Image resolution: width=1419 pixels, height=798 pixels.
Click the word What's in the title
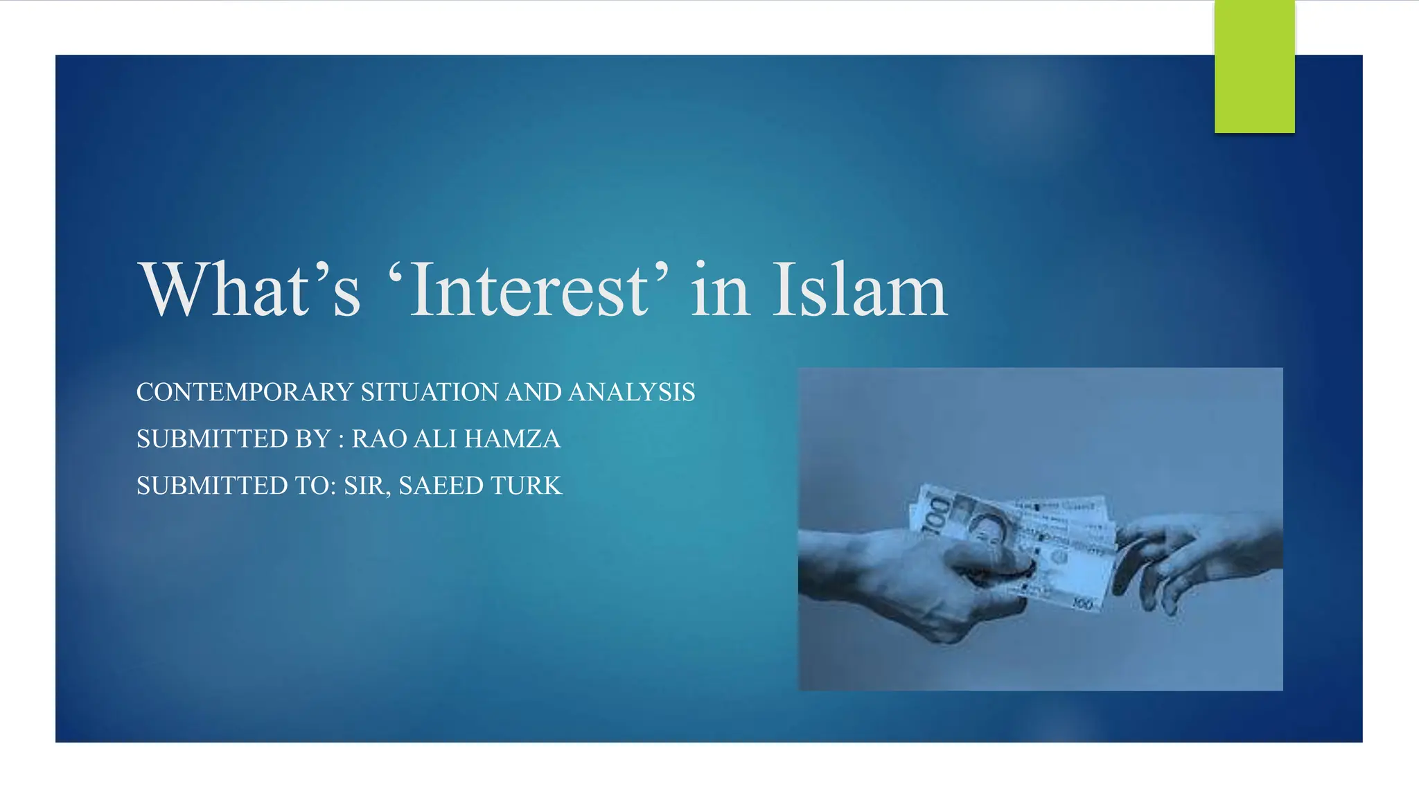[x=250, y=289]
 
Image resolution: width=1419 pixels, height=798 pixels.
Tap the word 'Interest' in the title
[x=529, y=289]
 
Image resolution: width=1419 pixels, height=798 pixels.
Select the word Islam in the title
[x=859, y=289]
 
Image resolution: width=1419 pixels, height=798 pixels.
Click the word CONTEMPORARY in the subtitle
[x=245, y=392]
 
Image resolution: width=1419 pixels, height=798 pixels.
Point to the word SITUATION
[x=429, y=392]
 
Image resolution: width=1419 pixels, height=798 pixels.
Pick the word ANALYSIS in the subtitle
[x=631, y=392]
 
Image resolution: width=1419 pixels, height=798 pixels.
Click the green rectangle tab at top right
[x=1254, y=66]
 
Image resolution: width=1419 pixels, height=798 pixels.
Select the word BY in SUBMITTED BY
[x=313, y=439]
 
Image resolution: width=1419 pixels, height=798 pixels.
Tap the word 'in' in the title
[x=720, y=289]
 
